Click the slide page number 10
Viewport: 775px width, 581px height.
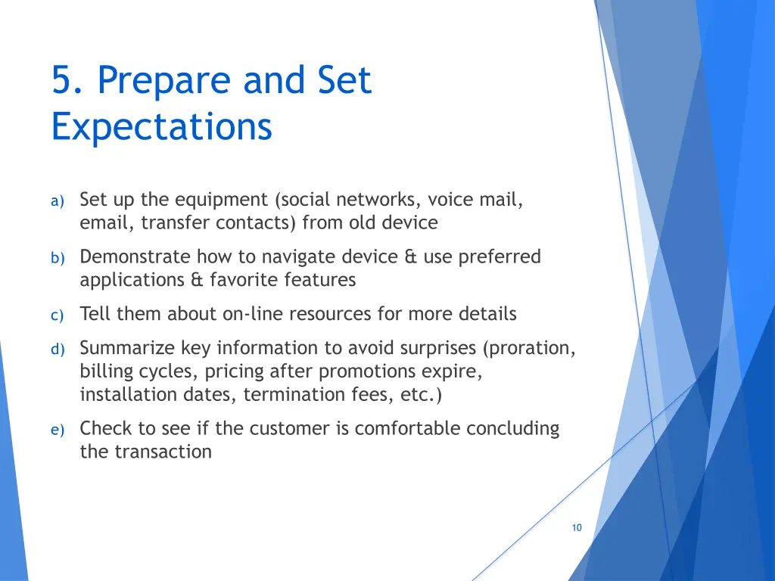[x=577, y=527]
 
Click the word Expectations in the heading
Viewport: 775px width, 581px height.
[x=162, y=126]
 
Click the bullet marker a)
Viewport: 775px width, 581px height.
[x=58, y=201]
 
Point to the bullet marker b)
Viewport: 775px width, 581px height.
[x=58, y=258]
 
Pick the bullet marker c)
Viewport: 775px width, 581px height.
[x=58, y=315]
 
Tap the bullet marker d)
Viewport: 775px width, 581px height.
[x=58, y=350]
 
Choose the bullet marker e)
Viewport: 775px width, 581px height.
[x=58, y=430]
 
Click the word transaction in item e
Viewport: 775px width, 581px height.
[x=163, y=452]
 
